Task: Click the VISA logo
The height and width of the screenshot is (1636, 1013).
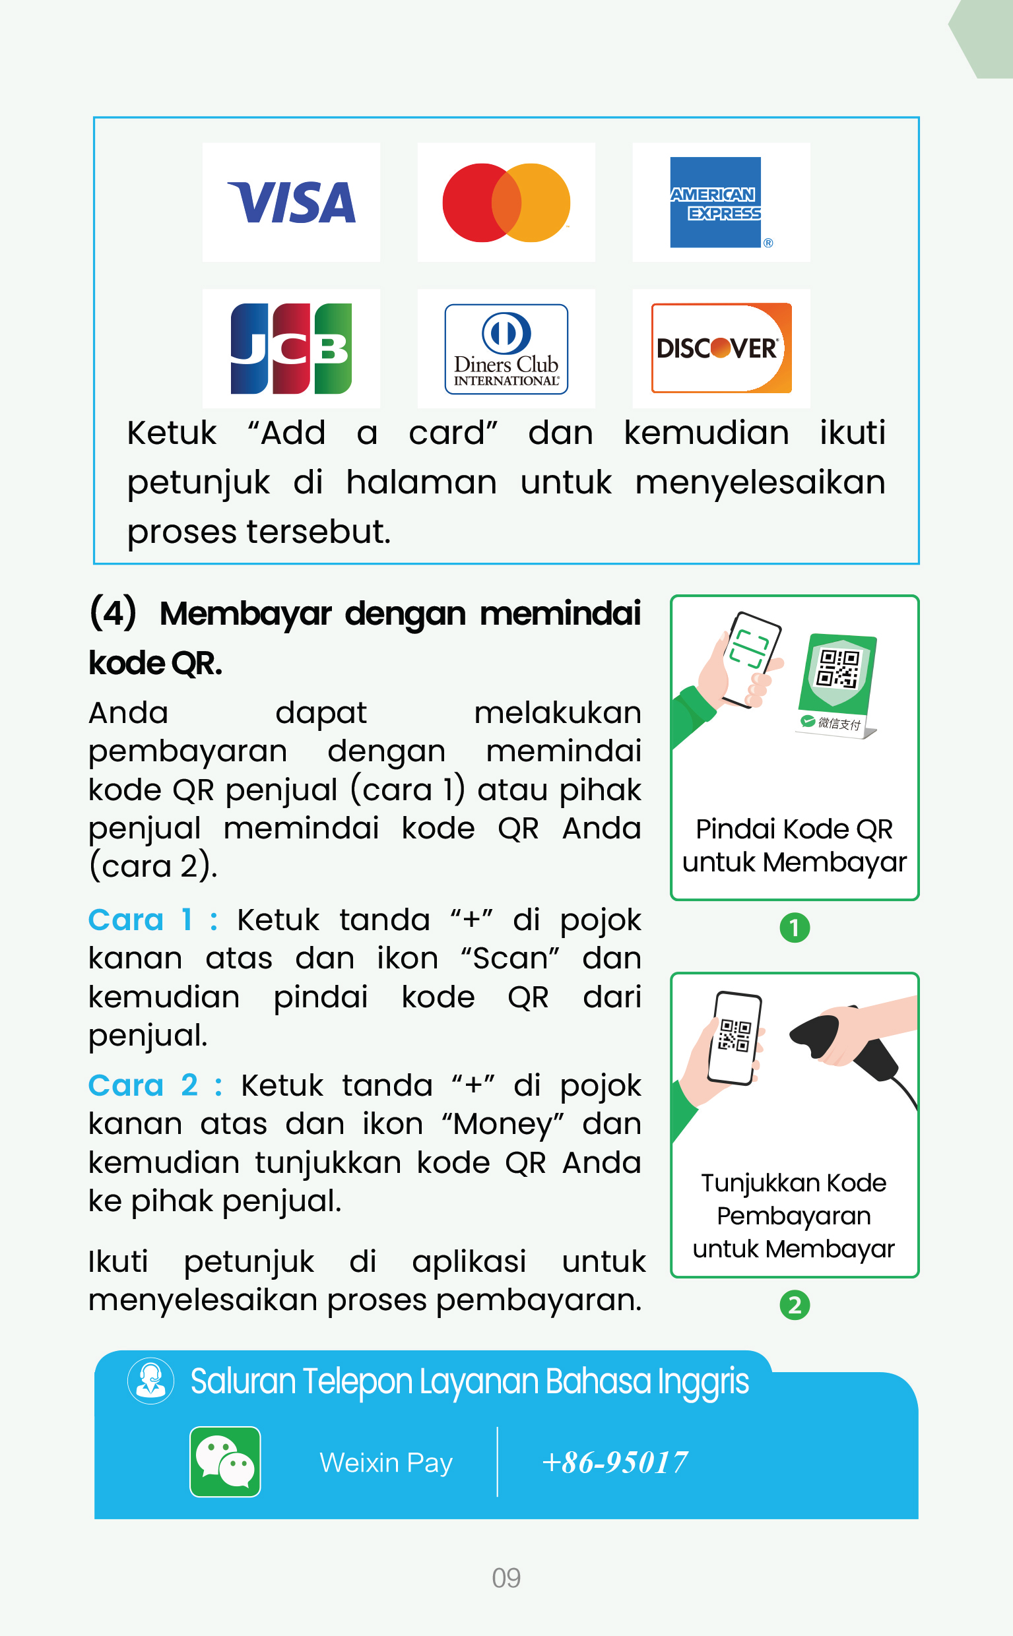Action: tap(292, 203)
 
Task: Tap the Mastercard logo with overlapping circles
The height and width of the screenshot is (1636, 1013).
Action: tap(506, 203)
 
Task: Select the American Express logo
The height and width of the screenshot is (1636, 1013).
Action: tap(715, 203)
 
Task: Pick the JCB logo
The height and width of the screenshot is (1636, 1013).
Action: tap(291, 348)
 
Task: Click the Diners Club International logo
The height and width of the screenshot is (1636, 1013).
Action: tap(506, 349)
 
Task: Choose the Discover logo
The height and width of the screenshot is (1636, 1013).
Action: tap(721, 348)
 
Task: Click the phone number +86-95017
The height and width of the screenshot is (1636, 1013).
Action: tap(614, 1462)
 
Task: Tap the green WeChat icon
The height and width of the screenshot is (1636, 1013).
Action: tap(225, 1461)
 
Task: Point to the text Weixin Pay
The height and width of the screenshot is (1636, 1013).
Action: tap(386, 1463)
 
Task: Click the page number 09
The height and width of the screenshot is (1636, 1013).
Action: tap(506, 1578)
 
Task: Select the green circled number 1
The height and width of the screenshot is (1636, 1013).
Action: tap(795, 928)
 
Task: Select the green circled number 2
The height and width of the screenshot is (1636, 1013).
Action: tap(795, 1306)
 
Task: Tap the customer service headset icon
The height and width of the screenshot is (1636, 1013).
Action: tap(150, 1381)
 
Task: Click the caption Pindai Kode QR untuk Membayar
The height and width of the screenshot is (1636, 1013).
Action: tap(794, 845)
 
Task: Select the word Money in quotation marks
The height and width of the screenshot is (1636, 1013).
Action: tap(502, 1124)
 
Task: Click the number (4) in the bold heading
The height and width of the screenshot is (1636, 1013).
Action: tap(113, 613)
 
